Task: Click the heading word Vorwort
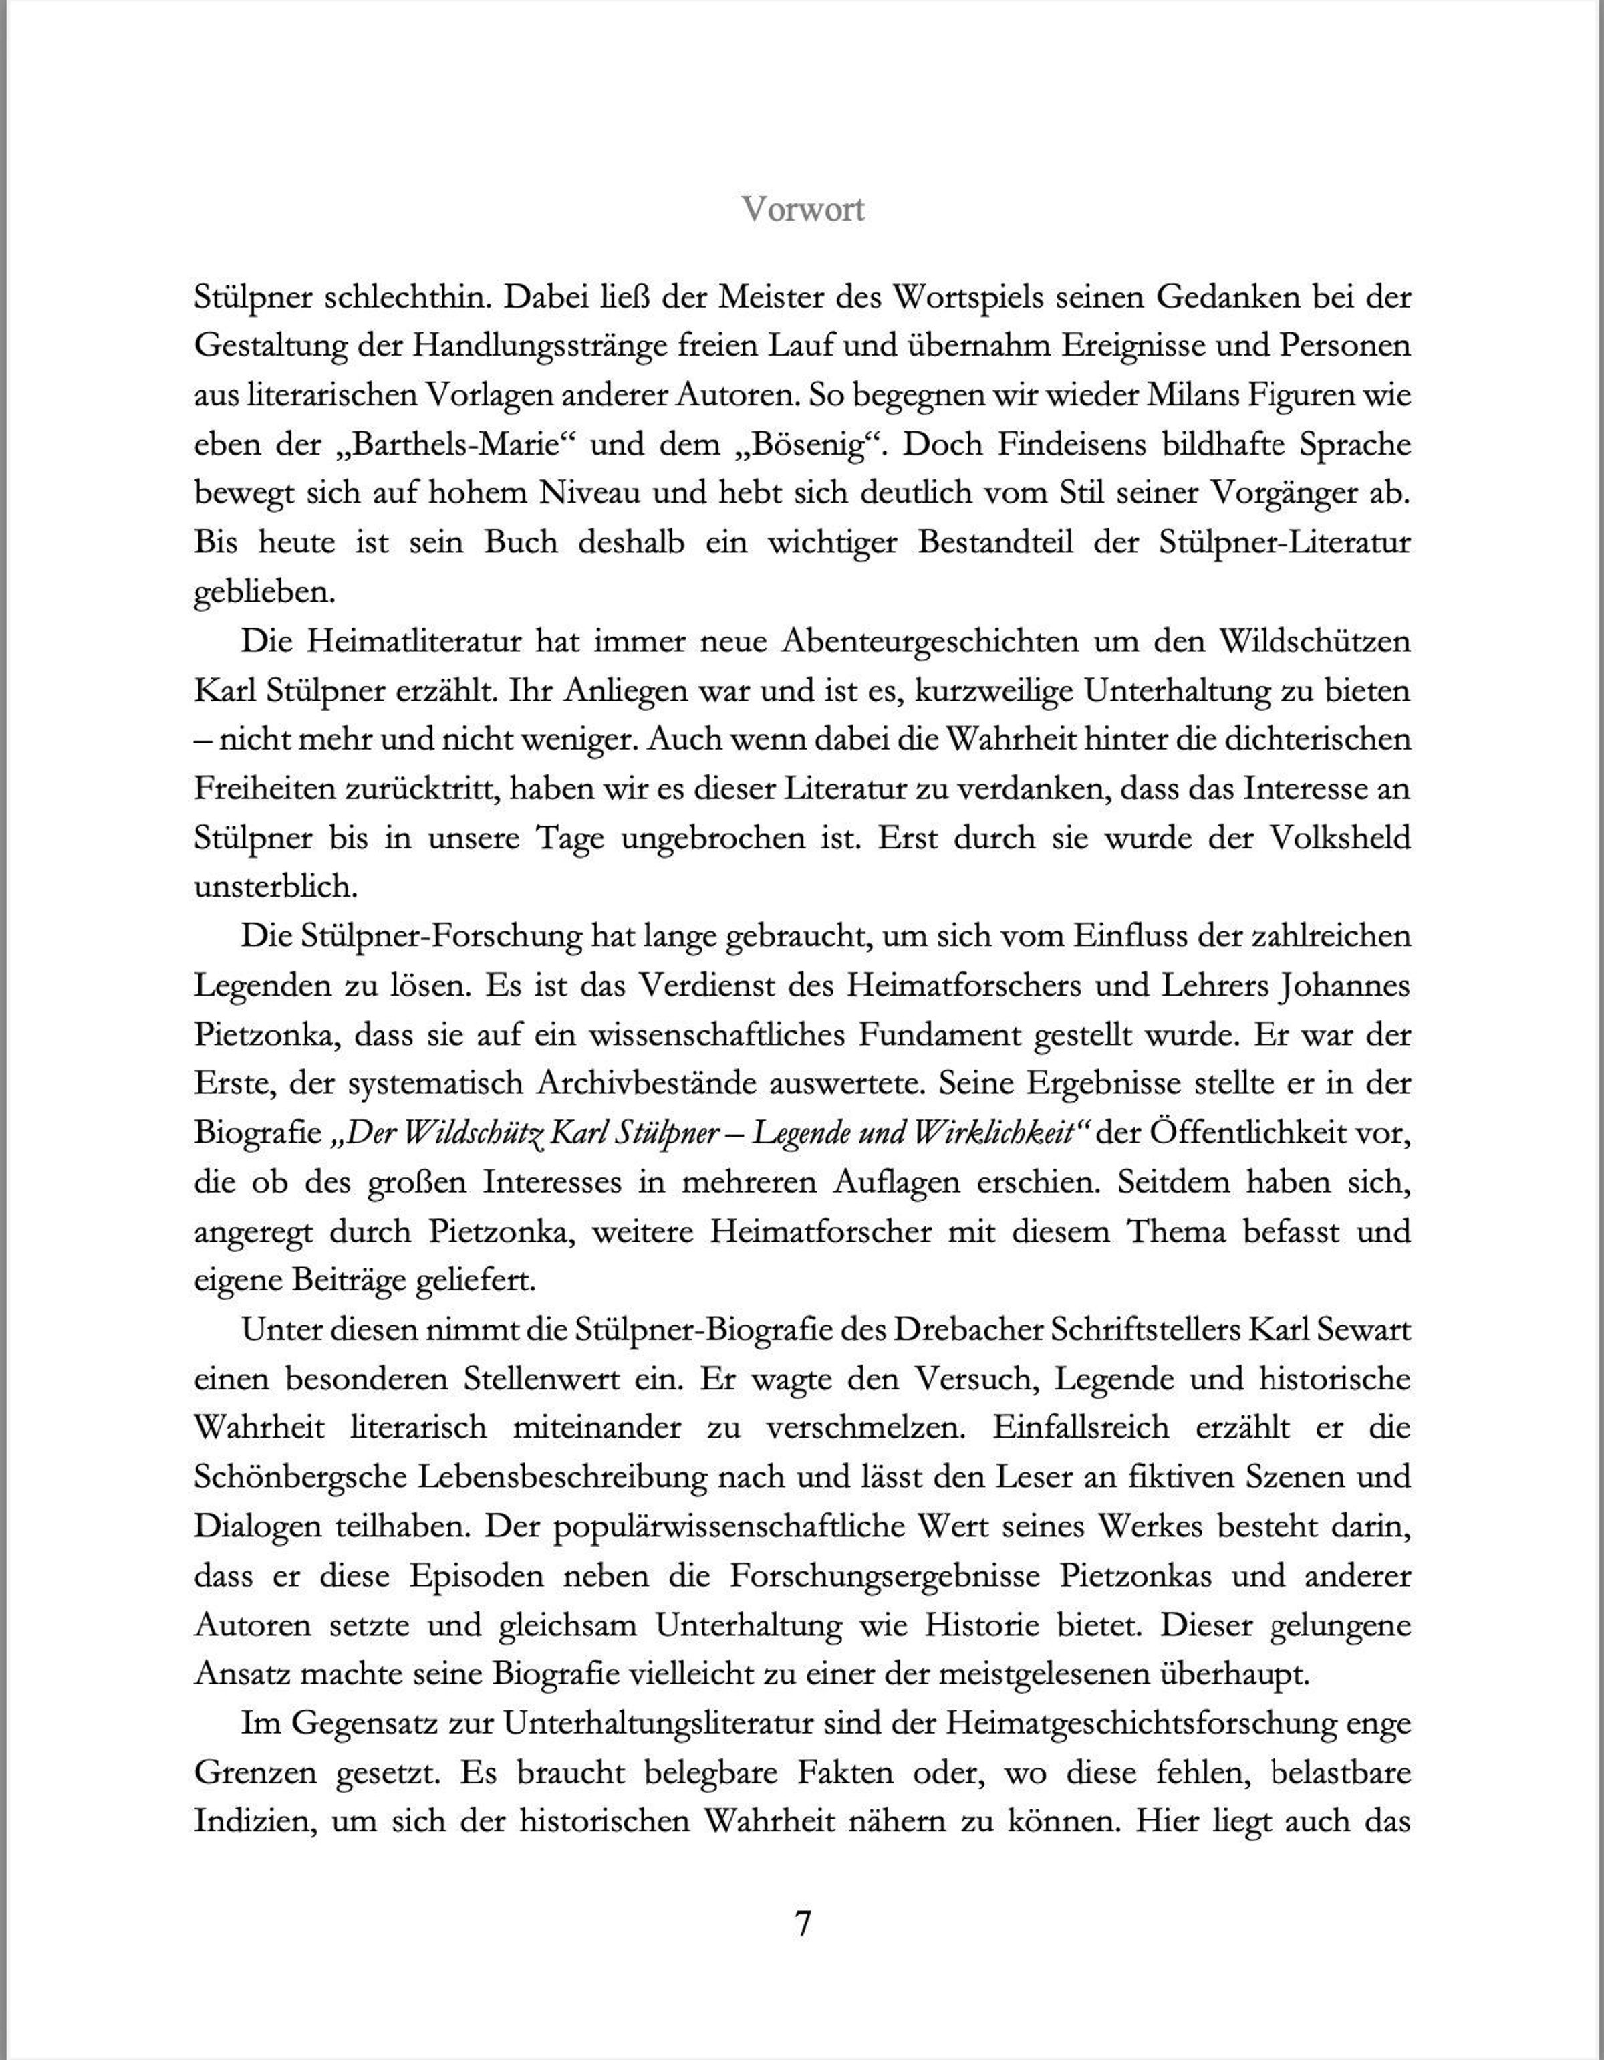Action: pos(803,209)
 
